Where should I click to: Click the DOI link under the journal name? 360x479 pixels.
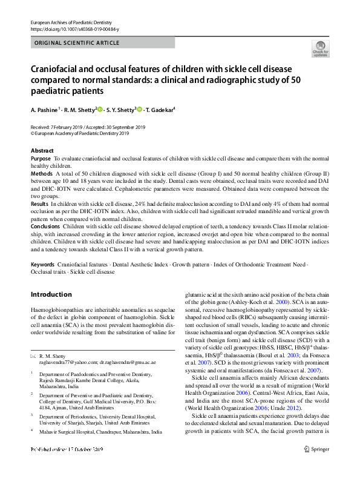(75, 29)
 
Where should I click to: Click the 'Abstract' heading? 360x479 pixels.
(42, 150)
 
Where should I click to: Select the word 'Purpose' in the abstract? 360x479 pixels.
(41, 157)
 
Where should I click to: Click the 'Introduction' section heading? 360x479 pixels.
(51, 294)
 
